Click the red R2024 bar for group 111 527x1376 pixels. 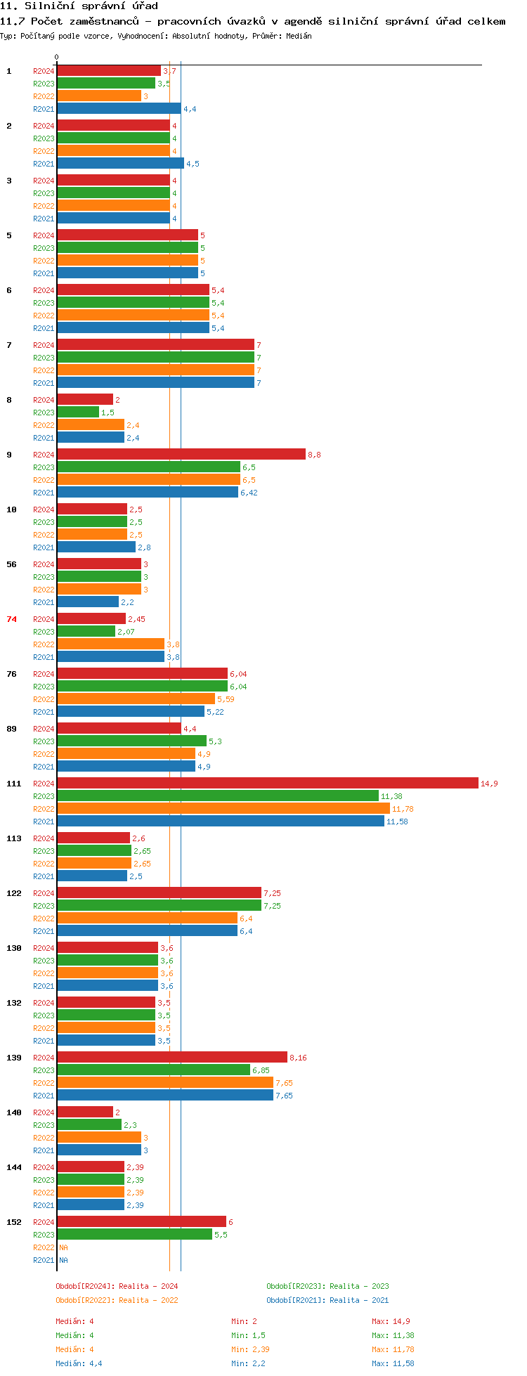pyautogui.click(x=268, y=784)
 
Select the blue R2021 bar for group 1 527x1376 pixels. pyautogui.click(x=119, y=109)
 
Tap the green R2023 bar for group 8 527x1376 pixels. pyautogui.click(x=78, y=413)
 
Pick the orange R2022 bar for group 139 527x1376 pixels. pyautogui.click(x=165, y=1083)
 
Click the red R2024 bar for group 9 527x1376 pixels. pyautogui.click(x=181, y=455)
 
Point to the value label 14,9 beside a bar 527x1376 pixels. pyautogui.click(x=489, y=784)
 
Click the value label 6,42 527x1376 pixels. pyautogui.click(x=249, y=493)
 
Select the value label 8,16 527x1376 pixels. pyautogui.click(x=298, y=1058)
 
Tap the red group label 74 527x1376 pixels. pyautogui.click(x=12, y=619)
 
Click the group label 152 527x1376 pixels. pyautogui.click(x=14, y=1222)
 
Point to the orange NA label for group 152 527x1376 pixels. pyautogui.click(x=63, y=1247)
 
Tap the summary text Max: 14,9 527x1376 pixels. pyautogui.click(x=391, y=1321)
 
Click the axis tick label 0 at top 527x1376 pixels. pyautogui.click(x=57, y=58)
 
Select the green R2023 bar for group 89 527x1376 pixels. pyautogui.click(x=132, y=741)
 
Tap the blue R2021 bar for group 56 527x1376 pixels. pyautogui.click(x=88, y=602)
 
